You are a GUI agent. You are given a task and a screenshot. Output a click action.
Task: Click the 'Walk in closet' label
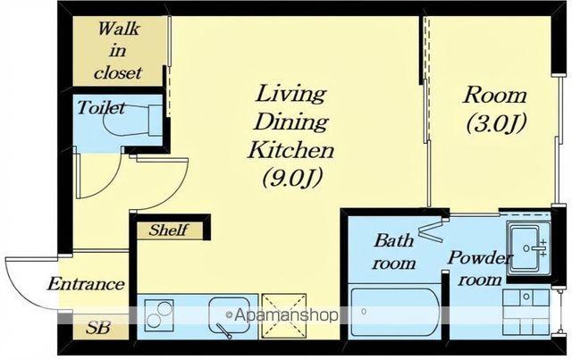tap(117, 51)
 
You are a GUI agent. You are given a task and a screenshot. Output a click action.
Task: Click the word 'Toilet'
tap(101, 108)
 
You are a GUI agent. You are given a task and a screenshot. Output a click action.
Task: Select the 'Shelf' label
tap(169, 230)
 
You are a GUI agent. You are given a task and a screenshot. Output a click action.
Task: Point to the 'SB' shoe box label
tap(97, 328)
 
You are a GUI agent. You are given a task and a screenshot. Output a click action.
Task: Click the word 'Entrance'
tap(86, 284)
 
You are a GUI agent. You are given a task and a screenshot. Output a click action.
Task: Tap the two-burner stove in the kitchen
tap(159, 315)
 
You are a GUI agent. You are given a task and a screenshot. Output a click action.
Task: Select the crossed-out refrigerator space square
tap(284, 316)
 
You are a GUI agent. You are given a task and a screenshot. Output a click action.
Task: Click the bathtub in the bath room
tap(395, 312)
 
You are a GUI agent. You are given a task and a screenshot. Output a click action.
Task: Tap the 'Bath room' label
tap(393, 252)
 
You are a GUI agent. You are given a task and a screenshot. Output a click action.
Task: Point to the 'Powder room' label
tap(480, 269)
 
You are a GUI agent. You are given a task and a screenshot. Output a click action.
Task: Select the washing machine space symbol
tap(526, 313)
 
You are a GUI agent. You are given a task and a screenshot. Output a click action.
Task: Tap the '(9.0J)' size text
tap(292, 178)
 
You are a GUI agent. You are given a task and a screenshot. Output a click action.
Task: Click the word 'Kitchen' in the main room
tap(290, 150)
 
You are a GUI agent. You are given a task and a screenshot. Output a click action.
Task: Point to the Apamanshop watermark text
tap(282, 314)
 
